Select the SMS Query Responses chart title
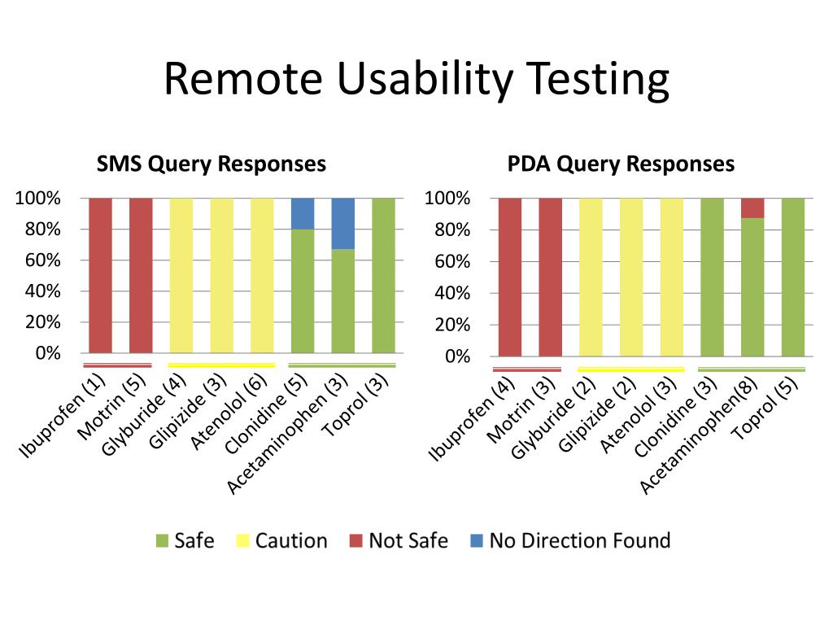[212, 164]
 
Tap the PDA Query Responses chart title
[621, 164]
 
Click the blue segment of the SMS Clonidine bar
[303, 213]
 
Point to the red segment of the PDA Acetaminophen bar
[752, 208]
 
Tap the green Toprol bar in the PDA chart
[793, 277]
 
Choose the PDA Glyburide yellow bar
[591, 277]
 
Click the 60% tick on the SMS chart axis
[41, 260]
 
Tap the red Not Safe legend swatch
[356, 541]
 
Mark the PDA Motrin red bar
[550, 277]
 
